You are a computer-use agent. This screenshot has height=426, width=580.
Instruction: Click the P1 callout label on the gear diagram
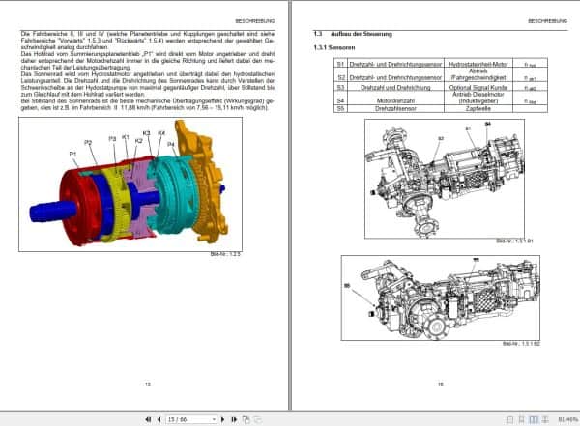72,154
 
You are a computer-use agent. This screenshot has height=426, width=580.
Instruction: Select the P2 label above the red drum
88,143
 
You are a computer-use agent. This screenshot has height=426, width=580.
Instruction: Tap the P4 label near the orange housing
170,144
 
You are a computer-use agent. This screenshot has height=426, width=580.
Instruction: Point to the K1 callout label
126,138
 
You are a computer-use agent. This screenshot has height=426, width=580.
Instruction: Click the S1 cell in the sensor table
340,63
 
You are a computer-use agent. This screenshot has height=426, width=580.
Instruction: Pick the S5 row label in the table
340,109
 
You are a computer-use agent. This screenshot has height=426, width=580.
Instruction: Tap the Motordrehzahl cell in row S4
389,99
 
